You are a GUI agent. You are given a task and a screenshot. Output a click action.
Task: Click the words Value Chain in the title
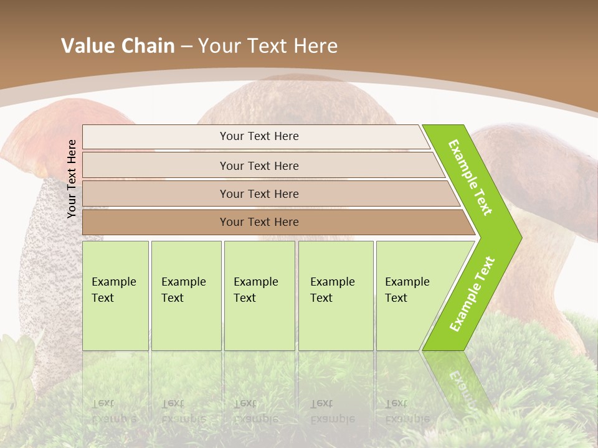pyautogui.click(x=118, y=46)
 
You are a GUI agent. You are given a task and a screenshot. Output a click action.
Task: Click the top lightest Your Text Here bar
pyautogui.click(x=259, y=136)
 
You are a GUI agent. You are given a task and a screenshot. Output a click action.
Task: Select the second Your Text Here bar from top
pyautogui.click(x=259, y=166)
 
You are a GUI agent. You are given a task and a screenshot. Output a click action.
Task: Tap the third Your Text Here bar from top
pyautogui.click(x=259, y=194)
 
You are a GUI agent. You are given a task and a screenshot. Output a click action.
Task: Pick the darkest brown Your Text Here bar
pyautogui.click(x=259, y=222)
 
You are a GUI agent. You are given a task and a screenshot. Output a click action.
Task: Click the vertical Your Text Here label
pyautogui.click(x=72, y=179)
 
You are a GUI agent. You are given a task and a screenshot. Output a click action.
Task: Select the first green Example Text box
pyautogui.click(x=115, y=296)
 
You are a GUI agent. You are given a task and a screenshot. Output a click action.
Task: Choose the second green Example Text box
pyautogui.click(x=186, y=296)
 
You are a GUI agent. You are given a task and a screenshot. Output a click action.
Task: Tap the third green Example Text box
pyautogui.click(x=259, y=296)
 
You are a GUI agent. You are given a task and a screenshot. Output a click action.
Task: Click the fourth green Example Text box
pyautogui.click(x=335, y=296)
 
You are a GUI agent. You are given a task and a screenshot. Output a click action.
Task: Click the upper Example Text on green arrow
pyautogui.click(x=470, y=177)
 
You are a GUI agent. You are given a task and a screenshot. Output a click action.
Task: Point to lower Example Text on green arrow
pyautogui.click(x=472, y=294)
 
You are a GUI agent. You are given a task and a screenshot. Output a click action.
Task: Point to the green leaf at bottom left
pyautogui.click(x=16, y=373)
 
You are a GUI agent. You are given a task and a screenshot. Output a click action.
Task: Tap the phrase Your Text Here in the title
pyautogui.click(x=268, y=46)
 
